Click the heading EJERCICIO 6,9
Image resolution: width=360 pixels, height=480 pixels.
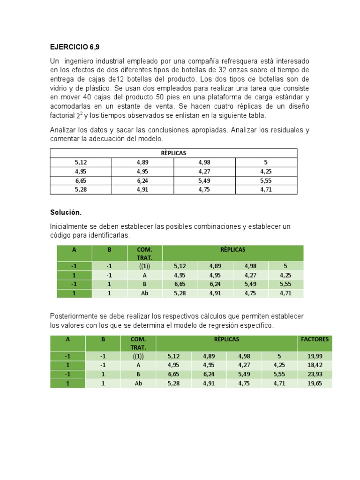click(x=75, y=47)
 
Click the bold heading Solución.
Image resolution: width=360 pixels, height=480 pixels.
click(x=66, y=213)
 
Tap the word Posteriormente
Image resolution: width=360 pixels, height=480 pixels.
click(x=75, y=316)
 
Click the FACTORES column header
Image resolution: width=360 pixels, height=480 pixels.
click(x=315, y=339)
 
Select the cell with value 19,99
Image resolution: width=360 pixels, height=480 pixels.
click(x=315, y=356)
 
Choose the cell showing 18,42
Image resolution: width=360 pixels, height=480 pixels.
click(x=315, y=365)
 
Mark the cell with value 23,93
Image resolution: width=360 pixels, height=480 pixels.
click(x=315, y=374)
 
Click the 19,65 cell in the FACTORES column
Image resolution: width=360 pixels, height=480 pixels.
click(x=315, y=383)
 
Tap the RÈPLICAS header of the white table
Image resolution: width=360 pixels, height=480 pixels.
click(x=173, y=153)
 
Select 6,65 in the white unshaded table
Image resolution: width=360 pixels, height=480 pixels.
click(x=81, y=180)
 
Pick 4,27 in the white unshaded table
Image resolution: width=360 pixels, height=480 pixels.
click(x=204, y=172)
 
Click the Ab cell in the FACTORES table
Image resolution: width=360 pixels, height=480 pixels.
click(x=138, y=383)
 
